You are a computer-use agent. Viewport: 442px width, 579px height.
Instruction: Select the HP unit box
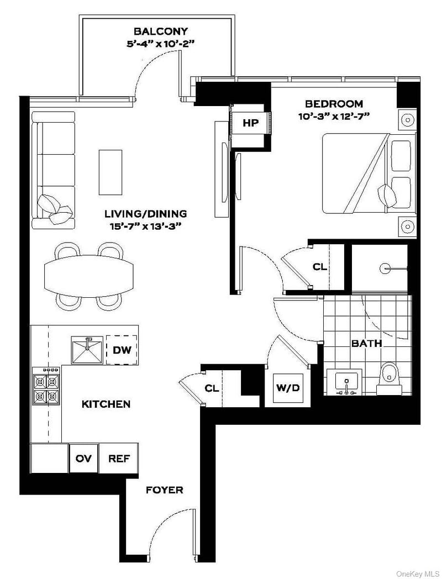[250, 123]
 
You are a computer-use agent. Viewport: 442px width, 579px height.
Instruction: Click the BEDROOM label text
[334, 103]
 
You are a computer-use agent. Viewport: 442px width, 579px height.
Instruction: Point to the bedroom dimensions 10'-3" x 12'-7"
[334, 116]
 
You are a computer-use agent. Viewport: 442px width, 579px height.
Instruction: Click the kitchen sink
[87, 350]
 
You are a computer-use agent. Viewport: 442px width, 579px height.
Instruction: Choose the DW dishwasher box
[121, 350]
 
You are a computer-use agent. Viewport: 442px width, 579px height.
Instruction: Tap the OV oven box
[83, 459]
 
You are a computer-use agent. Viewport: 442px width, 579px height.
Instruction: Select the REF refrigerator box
[118, 459]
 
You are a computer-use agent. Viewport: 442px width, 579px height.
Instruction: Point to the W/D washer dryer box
[287, 388]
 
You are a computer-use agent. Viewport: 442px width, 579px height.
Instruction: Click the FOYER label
[164, 490]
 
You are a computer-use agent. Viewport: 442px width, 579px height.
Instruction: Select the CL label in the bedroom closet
[319, 267]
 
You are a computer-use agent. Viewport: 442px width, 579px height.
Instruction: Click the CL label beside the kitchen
[212, 388]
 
